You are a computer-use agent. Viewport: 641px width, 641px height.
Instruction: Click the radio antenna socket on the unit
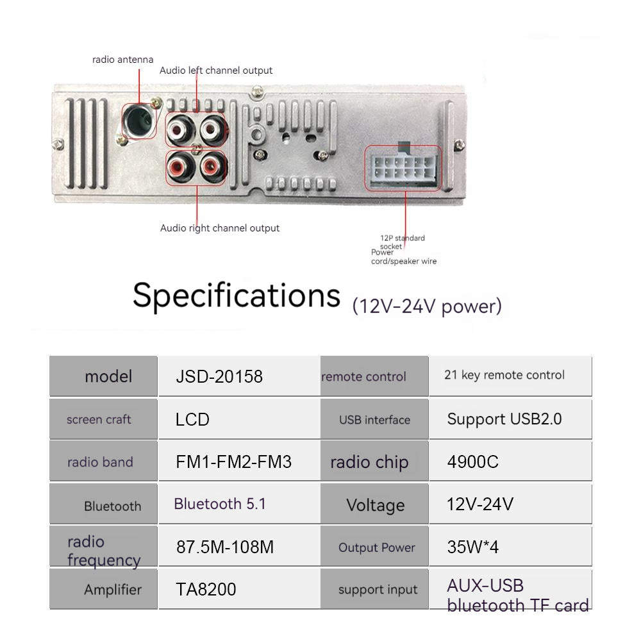point(139,121)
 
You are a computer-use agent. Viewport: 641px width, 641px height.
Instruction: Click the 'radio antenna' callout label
point(122,60)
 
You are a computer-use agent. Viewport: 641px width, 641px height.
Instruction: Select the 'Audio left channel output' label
point(216,71)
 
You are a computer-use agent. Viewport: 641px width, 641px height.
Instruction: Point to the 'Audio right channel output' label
point(220,228)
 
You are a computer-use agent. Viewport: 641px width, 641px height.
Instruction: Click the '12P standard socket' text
point(403,242)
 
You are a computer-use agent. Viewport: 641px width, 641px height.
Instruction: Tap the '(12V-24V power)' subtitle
point(427,306)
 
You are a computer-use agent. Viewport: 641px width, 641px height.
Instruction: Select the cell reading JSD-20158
point(219,376)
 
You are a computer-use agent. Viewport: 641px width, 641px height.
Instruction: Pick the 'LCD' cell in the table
point(192,419)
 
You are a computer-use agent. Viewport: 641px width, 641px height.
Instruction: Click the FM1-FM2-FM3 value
point(233,462)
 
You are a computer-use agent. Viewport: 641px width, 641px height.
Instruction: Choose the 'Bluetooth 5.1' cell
point(220,504)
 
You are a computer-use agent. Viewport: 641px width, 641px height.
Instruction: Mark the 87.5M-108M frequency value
point(225,547)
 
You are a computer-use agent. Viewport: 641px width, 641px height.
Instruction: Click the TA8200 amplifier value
point(206,590)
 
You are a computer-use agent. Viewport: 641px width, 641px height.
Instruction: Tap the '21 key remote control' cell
point(504,375)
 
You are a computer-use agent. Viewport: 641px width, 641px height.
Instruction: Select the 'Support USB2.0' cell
point(504,419)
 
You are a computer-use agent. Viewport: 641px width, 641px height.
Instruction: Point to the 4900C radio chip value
point(472,462)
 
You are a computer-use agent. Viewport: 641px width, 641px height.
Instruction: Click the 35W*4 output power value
point(472,547)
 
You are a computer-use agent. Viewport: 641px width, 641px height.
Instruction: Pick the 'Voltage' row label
point(375,505)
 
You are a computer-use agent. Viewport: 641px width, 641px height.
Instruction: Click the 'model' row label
point(108,376)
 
